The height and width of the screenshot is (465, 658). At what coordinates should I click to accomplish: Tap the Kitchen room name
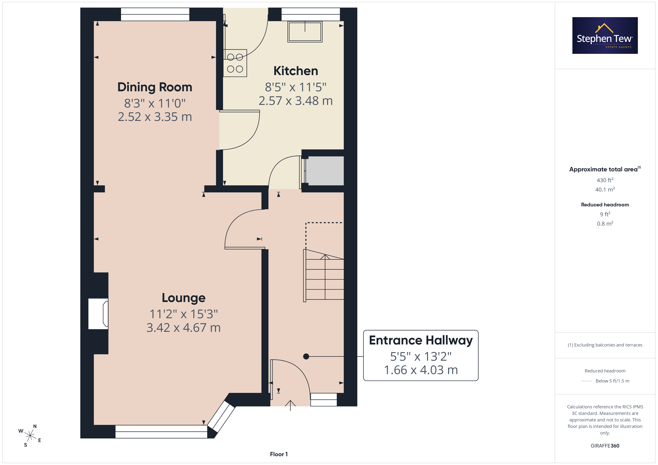296,71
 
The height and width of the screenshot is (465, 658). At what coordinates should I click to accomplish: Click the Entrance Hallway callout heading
421,340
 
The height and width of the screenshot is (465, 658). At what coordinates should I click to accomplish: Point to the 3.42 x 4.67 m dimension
184,328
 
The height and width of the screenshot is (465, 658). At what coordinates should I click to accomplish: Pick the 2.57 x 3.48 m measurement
296,101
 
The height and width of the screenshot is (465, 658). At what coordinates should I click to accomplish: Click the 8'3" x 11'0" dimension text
155,103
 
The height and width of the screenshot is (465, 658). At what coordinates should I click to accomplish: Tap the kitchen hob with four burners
235,63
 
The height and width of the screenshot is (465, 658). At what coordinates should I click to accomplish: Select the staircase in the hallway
324,276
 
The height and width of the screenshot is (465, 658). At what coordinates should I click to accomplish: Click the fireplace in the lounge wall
98,314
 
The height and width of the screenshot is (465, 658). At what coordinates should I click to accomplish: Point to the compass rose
30,436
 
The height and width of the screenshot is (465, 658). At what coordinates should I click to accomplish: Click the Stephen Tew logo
605,36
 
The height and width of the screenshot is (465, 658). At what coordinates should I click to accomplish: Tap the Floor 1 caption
279,454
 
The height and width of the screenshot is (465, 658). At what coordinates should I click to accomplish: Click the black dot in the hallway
306,356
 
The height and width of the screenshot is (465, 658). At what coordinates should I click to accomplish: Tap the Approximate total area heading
605,169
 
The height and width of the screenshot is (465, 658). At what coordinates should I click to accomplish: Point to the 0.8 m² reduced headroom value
605,224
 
